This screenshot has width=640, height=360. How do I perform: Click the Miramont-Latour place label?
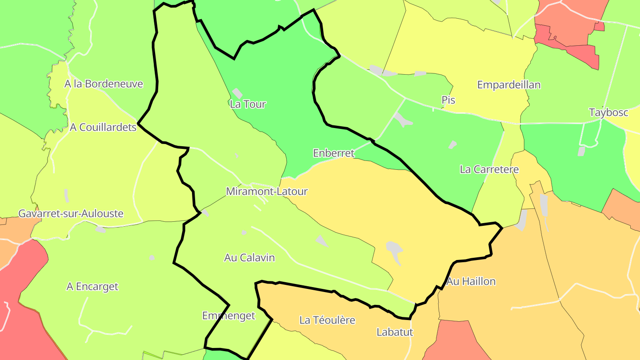pyautogui.click(x=267, y=192)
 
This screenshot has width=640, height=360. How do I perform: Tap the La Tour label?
pyautogui.click(x=248, y=104)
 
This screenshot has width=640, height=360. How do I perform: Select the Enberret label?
pyautogui.click(x=333, y=153)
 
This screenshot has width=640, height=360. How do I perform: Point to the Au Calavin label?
pyautogui.click(x=249, y=258)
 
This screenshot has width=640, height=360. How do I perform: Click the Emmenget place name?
pyautogui.click(x=228, y=316)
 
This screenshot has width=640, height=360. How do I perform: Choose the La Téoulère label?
pyautogui.click(x=327, y=320)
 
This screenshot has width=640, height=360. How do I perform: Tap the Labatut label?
pyautogui.click(x=395, y=332)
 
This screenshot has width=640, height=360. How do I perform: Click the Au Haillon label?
pyautogui.click(x=471, y=281)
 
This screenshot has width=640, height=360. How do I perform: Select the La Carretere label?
pyautogui.click(x=489, y=169)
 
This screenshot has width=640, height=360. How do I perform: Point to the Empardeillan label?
pyautogui.click(x=508, y=85)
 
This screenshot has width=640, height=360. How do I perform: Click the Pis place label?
pyautogui.click(x=448, y=100)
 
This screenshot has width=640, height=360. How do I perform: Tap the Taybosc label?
pyautogui.click(x=608, y=112)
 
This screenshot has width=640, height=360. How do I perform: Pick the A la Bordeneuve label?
pyautogui.click(x=104, y=84)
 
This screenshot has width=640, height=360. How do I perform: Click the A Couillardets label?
pyautogui.click(x=103, y=128)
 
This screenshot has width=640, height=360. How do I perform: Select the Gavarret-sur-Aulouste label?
pyautogui.click(x=71, y=214)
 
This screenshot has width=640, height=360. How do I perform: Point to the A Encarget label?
pyautogui.click(x=92, y=287)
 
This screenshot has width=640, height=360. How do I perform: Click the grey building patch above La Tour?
pyautogui.click(x=237, y=93)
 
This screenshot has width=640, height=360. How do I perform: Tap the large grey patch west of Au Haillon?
pyautogui.click(x=394, y=252)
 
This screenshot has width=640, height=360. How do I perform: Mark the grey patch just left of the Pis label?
pyautogui.click(x=420, y=74)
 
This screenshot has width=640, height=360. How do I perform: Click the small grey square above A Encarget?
pyautogui.click(x=152, y=258)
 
